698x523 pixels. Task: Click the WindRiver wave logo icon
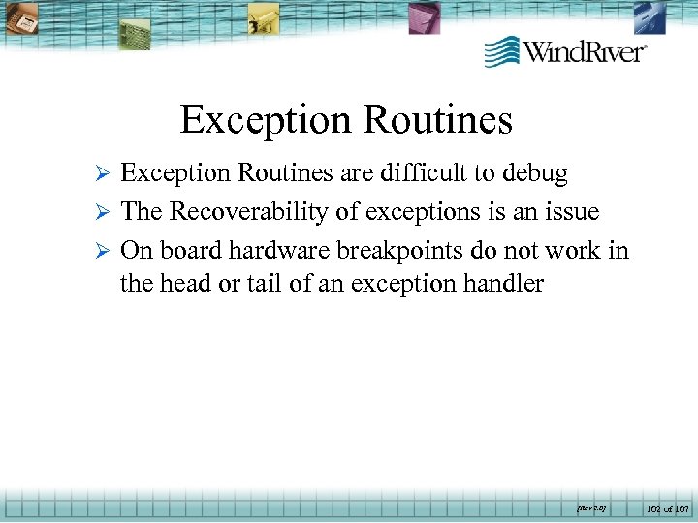point(502,50)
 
